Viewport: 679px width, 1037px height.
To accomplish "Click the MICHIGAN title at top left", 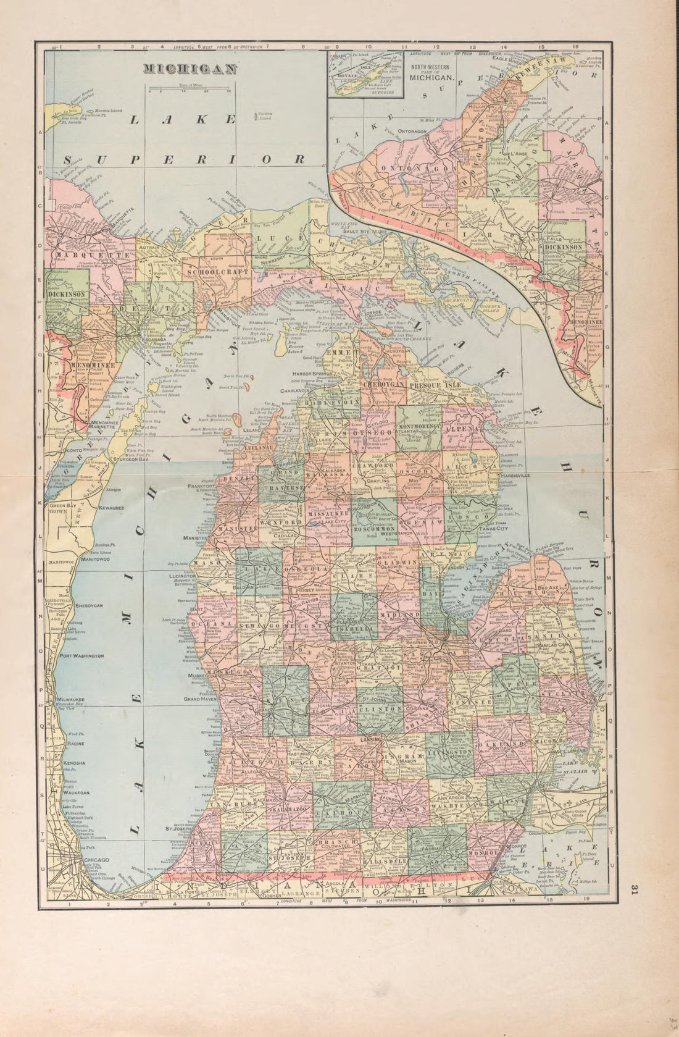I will [190, 70].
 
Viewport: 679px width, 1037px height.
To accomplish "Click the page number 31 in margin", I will [634, 889].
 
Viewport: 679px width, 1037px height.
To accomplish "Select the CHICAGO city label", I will [93, 860].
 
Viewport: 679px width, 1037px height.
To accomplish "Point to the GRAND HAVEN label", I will [198, 699].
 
